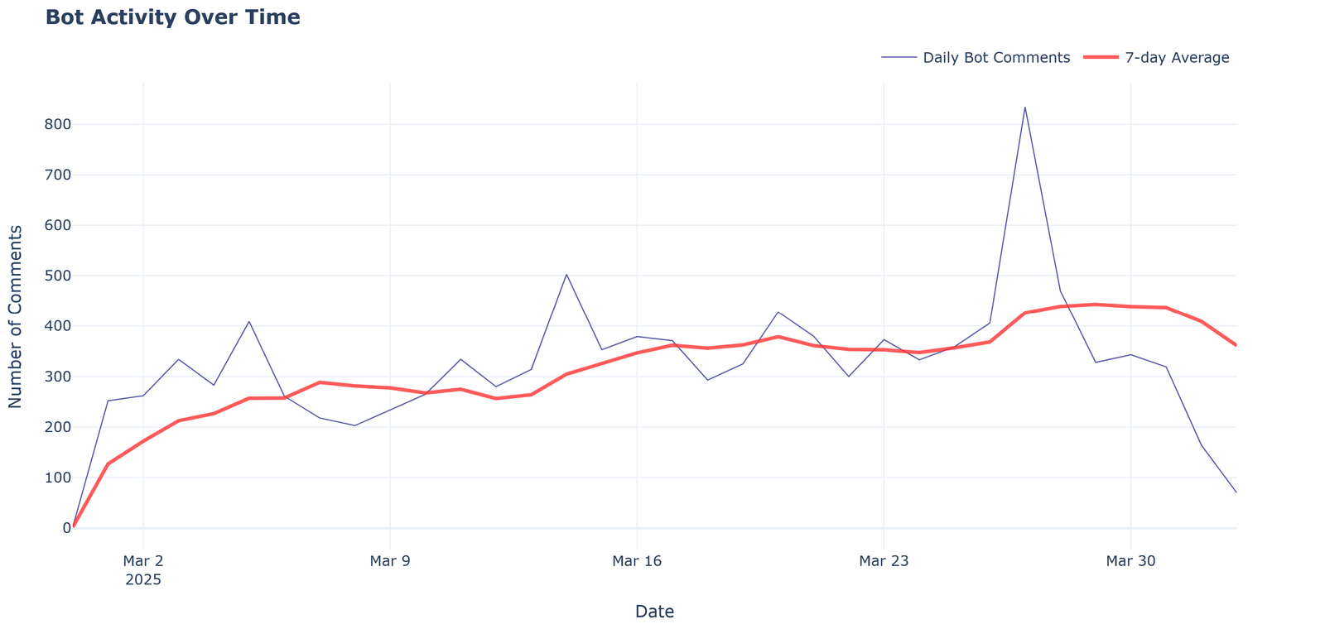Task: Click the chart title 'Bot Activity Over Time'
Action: pyautogui.click(x=172, y=17)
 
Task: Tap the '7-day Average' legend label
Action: pyautogui.click(x=1177, y=58)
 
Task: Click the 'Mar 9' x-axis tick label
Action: pyautogui.click(x=390, y=562)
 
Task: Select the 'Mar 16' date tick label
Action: pyautogui.click(x=637, y=562)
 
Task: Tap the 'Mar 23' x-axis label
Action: pyautogui.click(x=884, y=562)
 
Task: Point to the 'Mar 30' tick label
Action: pyautogui.click(x=1130, y=562)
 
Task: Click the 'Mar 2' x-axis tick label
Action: pyautogui.click(x=143, y=562)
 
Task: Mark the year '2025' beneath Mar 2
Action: pyautogui.click(x=143, y=580)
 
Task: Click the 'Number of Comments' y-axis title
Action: pyautogui.click(x=16, y=316)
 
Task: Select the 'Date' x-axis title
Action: pyautogui.click(x=654, y=612)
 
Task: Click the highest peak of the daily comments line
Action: pyautogui.click(x=1024, y=108)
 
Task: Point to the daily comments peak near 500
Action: pyautogui.click(x=566, y=274)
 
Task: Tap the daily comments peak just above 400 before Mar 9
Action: pyautogui.click(x=248, y=322)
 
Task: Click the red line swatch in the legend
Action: pyautogui.click(x=1101, y=57)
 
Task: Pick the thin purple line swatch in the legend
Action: pyautogui.click(x=899, y=57)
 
